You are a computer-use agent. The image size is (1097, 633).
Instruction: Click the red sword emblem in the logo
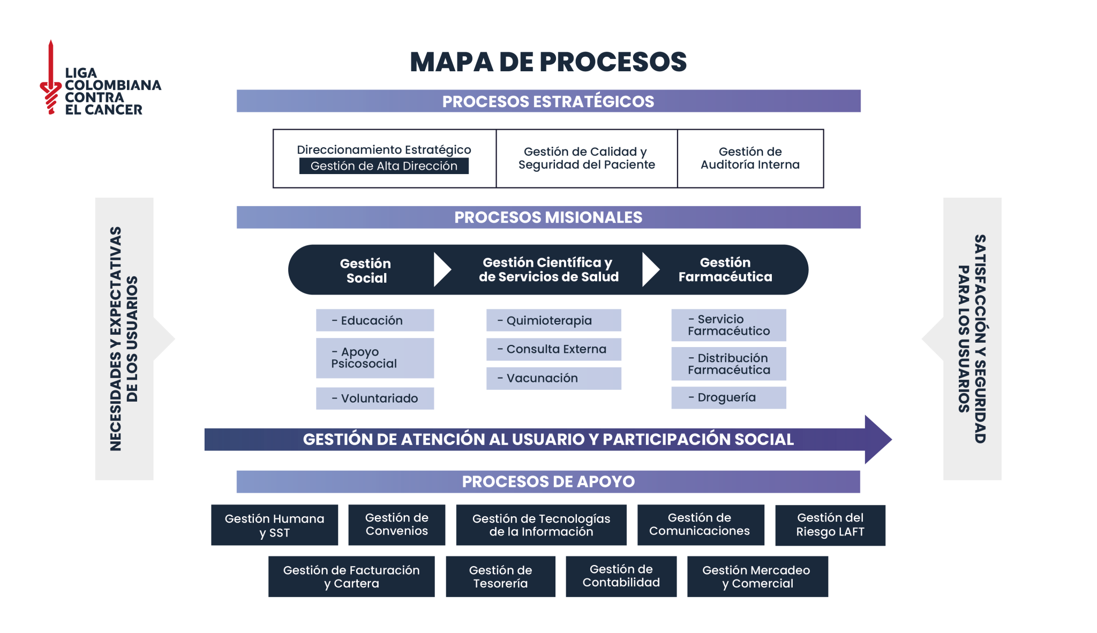click(x=51, y=78)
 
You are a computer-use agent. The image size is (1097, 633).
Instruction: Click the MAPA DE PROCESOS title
click(x=548, y=62)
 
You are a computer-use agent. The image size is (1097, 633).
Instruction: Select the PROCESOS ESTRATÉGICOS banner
click(x=548, y=101)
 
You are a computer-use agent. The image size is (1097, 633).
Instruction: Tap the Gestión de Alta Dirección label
click(x=384, y=166)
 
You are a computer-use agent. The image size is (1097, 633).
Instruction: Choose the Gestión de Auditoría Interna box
click(x=750, y=159)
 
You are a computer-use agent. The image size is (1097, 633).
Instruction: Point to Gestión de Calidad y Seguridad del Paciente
click(x=587, y=159)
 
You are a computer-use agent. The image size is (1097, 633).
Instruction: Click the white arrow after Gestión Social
click(x=441, y=270)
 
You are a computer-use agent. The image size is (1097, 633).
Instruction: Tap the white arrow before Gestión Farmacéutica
click(x=650, y=270)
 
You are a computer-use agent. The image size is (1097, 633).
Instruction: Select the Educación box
click(x=375, y=320)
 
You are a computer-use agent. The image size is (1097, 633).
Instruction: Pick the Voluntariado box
click(x=375, y=398)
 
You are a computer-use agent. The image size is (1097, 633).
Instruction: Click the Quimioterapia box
click(x=553, y=320)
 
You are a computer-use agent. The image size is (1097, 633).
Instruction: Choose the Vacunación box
click(x=553, y=378)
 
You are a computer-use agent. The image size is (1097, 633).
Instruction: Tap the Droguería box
click(x=728, y=397)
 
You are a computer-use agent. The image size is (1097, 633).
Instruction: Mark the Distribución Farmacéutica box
click(x=728, y=364)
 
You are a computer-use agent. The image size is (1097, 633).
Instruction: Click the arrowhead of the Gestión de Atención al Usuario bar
click(x=877, y=439)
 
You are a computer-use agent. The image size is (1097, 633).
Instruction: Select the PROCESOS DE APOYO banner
click(x=548, y=481)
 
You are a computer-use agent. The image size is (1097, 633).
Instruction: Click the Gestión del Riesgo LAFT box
click(x=830, y=525)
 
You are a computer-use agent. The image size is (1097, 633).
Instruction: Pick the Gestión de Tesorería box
click(x=500, y=577)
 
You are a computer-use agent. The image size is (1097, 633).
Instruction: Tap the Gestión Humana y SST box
click(x=274, y=525)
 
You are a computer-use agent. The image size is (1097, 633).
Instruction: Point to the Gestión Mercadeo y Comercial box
click(x=757, y=577)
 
